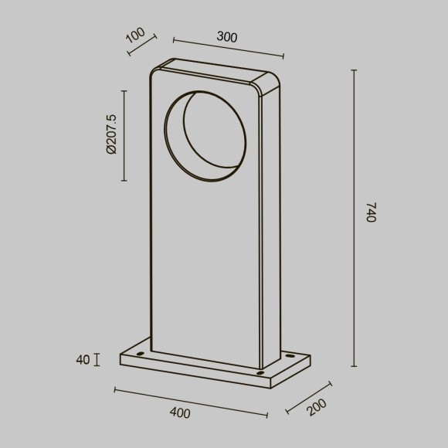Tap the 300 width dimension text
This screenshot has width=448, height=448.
click(x=227, y=37)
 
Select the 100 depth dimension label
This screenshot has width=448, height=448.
click(x=135, y=36)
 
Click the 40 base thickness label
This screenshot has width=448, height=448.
click(x=83, y=359)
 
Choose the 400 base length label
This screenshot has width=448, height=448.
click(x=179, y=413)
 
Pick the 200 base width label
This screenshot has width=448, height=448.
click(x=315, y=406)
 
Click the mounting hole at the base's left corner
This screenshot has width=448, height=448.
click(x=140, y=353)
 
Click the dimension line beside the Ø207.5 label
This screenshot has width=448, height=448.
click(x=124, y=135)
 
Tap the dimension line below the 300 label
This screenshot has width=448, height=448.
click(x=228, y=47)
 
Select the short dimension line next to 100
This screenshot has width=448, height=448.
click(x=141, y=45)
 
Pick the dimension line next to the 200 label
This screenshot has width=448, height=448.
click(x=308, y=396)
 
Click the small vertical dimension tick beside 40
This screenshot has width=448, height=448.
click(x=97, y=359)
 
